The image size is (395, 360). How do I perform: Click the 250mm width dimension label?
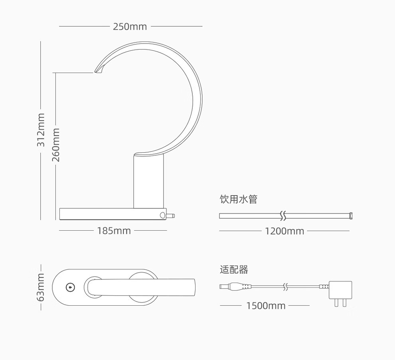tap(130, 26)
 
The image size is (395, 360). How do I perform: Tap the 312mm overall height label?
tap(41, 130)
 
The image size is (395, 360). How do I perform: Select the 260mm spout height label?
tap(56, 145)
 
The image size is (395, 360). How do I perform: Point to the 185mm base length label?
tap(114, 231)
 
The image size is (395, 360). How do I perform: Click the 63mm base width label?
tap(41, 287)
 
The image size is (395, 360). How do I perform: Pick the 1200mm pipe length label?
tap(284, 231)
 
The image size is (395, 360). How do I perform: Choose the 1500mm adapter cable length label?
tap(266, 306)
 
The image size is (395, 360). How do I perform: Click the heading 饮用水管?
tap(238, 199)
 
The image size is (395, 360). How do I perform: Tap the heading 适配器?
tap(234, 269)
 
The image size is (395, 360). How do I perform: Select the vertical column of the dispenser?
tap(149, 181)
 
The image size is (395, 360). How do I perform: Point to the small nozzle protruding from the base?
tap(170, 216)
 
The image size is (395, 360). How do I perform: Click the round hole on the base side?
tap(162, 215)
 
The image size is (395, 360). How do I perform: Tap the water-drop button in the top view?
tap(70, 287)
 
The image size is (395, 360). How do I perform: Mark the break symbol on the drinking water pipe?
tap(283, 216)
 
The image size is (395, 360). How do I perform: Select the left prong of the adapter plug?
tap(336, 303)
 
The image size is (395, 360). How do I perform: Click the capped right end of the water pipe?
tap(350, 216)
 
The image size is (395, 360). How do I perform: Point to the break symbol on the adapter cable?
tap(285, 287)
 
